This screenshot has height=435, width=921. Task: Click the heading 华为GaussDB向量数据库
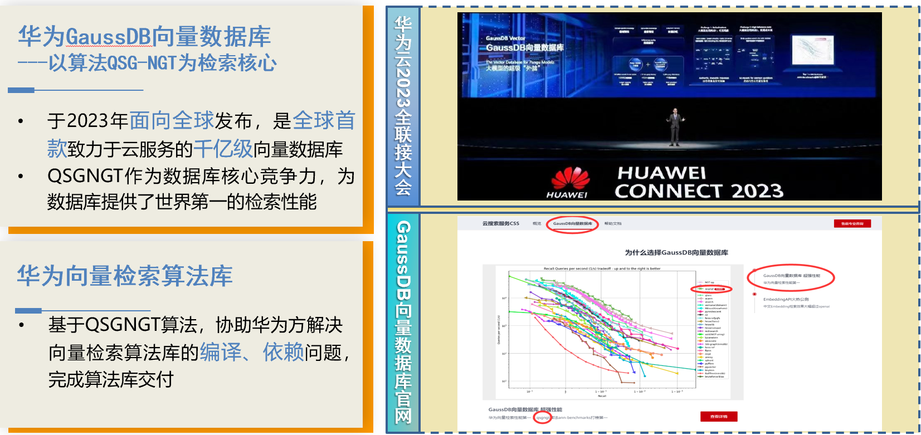point(144,37)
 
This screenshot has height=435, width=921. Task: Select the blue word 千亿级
point(223,149)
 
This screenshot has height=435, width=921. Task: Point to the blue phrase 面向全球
point(172,120)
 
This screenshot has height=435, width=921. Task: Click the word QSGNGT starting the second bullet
point(85,176)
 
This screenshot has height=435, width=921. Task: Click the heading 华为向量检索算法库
point(125,276)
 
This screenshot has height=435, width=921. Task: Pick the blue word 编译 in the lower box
point(221,352)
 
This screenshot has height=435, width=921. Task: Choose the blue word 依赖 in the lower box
point(283,352)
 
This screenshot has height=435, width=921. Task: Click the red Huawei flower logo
point(570,179)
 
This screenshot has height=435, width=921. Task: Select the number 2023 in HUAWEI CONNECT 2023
point(757,191)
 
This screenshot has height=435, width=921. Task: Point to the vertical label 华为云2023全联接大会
point(403,106)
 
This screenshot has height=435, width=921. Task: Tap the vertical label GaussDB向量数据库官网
point(403,322)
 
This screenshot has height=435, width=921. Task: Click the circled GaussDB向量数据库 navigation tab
point(572,224)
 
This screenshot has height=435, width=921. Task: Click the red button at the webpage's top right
point(852,224)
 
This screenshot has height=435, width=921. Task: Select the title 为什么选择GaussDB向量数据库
point(676,253)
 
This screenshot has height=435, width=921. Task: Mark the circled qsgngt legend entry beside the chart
point(711,289)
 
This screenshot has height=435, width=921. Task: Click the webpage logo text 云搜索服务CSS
point(500,224)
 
